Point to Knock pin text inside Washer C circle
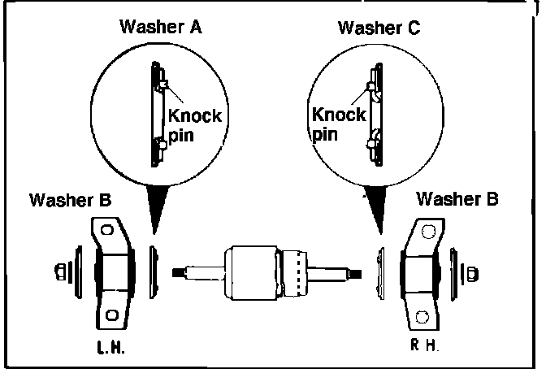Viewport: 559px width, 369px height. tap(338, 123)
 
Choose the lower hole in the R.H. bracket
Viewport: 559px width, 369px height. tap(421, 315)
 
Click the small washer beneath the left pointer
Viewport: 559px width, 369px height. tap(155, 269)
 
